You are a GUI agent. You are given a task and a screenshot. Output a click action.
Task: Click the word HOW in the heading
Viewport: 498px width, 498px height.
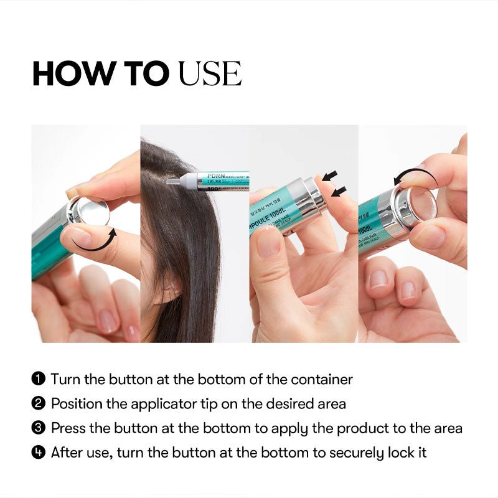pyautogui.click(x=67, y=74)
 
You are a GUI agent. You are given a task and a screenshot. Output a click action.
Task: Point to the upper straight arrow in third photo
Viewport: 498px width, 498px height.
pyautogui.click(x=330, y=175)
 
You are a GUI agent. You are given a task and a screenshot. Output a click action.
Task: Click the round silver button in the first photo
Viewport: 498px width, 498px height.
pyautogui.click(x=91, y=212)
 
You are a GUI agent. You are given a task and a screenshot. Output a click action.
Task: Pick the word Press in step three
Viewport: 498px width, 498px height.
pyautogui.click(x=68, y=428)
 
